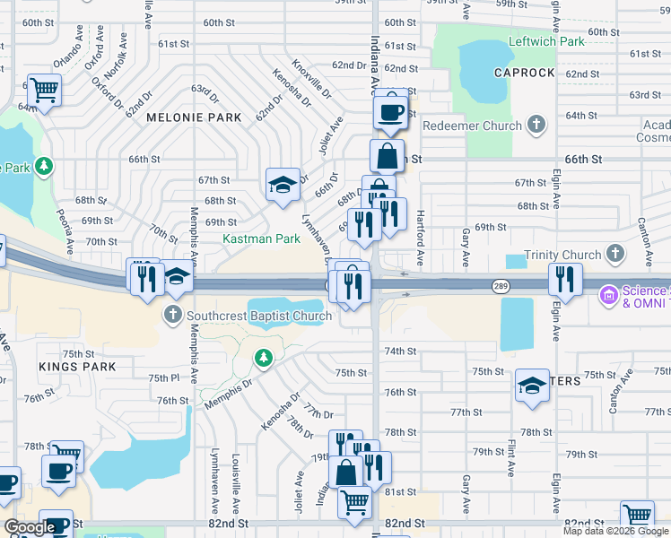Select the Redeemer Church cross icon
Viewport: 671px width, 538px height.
point(536,125)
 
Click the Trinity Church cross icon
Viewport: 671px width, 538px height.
point(615,254)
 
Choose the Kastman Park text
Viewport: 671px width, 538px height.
point(261,239)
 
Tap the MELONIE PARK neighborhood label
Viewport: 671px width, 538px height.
point(194,117)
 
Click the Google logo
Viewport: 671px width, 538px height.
point(30,527)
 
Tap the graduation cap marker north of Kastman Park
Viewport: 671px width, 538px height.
point(283,185)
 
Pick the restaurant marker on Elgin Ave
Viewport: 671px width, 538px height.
point(565,279)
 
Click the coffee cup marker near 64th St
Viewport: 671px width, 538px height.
point(389,112)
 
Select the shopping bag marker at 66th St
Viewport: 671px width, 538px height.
point(387,156)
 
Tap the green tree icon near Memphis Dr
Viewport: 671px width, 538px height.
point(263,359)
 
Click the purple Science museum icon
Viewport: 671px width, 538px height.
point(609,294)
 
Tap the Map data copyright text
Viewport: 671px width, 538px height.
point(615,531)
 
